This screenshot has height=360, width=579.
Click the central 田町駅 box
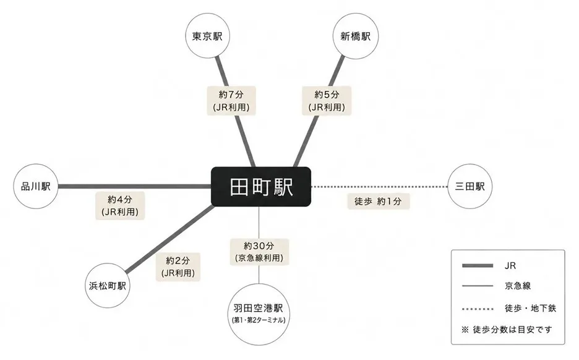point(260,186)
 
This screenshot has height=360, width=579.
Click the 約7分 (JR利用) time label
point(231,100)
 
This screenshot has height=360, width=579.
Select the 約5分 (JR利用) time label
point(327,100)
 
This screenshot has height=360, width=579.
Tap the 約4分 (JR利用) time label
point(120,205)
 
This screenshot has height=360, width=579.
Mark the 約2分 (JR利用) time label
point(178,267)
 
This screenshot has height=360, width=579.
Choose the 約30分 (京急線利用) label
point(259,252)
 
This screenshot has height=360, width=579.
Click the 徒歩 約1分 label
point(379,201)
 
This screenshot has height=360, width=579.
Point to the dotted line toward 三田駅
point(379,187)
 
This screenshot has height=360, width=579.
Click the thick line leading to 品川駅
point(134,186)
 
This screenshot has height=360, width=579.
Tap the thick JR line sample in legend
point(478,265)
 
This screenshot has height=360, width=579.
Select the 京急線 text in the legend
point(518,285)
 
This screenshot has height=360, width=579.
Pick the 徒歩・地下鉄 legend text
point(530,308)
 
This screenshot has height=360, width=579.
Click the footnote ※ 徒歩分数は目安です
point(507,330)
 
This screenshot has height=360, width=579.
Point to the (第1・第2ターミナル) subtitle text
point(259,320)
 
